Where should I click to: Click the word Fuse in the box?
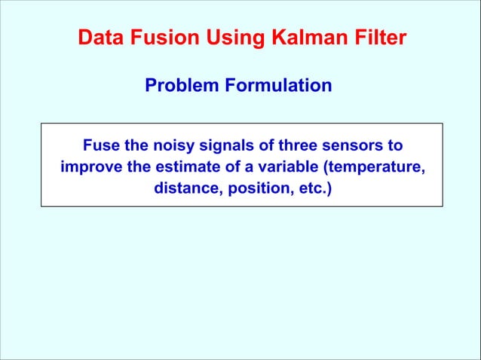pyautogui.click(x=99, y=145)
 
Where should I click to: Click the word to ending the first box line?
pyautogui.click(x=394, y=145)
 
